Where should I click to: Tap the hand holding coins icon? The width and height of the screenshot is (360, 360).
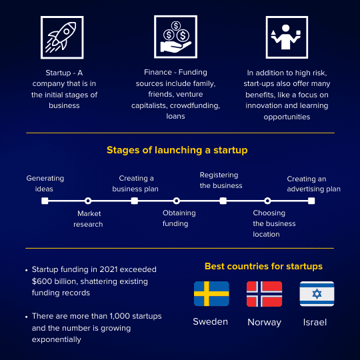pyautogui.click(x=175, y=37)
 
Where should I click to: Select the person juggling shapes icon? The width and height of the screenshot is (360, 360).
pyautogui.click(x=287, y=37)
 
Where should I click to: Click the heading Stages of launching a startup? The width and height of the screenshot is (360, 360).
pyautogui.click(x=177, y=150)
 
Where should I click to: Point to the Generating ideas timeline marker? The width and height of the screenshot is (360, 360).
pyautogui.click(x=45, y=201)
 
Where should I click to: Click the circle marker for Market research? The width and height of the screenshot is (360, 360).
pyautogui.click(x=88, y=201)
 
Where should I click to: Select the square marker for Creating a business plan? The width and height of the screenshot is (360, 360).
pyautogui.click(x=135, y=201)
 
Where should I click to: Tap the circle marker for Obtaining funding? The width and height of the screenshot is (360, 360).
pyautogui.click(x=176, y=201)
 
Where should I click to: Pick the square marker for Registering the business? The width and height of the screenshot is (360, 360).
pyautogui.click(x=223, y=201)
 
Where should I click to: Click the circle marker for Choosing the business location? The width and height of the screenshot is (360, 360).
pyautogui.click(x=267, y=201)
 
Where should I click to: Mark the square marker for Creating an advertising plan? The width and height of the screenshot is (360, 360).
pyautogui.click(x=311, y=201)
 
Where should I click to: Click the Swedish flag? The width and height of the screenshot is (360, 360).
pyautogui.click(x=211, y=293)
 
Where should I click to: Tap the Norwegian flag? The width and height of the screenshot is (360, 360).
pyautogui.click(x=264, y=294)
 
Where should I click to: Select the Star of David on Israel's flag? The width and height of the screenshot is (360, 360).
pyautogui.click(x=317, y=293)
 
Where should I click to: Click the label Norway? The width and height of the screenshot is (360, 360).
pyautogui.click(x=264, y=323)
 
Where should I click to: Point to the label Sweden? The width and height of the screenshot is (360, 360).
pyautogui.click(x=210, y=321)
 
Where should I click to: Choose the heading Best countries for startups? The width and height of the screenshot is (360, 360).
pyautogui.click(x=263, y=266)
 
